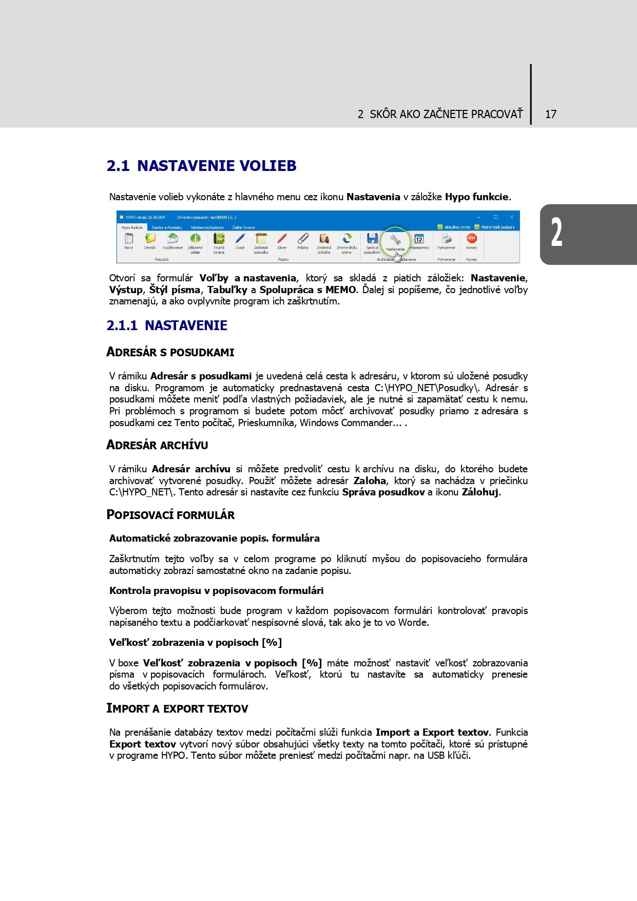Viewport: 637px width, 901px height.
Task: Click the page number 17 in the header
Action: pos(551,114)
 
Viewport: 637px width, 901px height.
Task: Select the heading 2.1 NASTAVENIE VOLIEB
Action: pos(201,166)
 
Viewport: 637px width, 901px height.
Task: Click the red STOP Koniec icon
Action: pos(471,238)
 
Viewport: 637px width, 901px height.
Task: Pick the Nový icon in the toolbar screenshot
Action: pos(129,239)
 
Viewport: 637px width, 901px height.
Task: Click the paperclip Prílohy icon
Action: pos(303,239)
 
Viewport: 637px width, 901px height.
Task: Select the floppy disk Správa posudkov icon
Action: pos(372,239)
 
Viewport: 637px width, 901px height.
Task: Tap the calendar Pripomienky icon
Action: pos(419,239)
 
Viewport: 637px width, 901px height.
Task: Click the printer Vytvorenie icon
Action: pos(446,239)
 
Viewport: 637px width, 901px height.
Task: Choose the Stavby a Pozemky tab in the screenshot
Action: pos(167,227)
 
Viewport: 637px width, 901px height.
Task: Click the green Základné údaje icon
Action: pos(195,239)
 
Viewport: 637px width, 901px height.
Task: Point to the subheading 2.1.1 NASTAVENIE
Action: pos(167,325)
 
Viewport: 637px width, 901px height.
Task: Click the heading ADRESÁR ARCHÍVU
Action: pos(157,445)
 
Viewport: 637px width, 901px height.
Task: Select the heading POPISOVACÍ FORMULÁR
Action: pos(170,515)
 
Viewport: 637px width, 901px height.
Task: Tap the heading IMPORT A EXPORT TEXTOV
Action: pos(177,708)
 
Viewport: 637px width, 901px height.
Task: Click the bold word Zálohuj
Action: pos(480,492)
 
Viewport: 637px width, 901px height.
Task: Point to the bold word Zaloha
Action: pos(370,481)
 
